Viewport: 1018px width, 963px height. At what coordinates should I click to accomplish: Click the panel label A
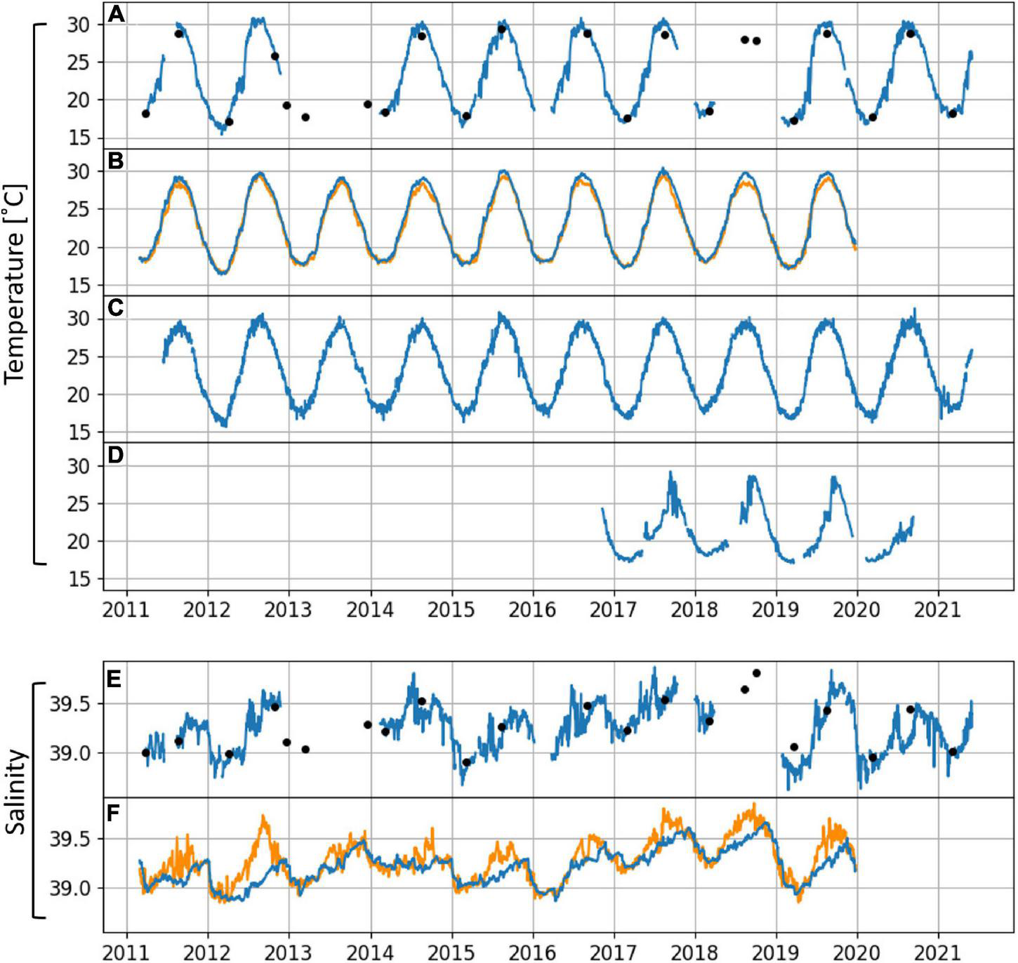(116, 14)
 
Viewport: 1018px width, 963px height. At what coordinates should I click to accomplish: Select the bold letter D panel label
(116, 455)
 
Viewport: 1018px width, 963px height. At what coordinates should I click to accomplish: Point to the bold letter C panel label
(116, 307)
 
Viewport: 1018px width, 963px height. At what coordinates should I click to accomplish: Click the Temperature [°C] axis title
(15, 284)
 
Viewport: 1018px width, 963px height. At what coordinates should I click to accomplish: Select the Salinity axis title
(15, 792)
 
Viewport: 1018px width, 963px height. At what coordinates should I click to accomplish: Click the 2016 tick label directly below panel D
(532, 609)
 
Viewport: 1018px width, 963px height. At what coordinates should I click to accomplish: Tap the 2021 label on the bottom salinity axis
(939, 952)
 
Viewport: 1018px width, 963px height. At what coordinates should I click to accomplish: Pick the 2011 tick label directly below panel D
(126, 609)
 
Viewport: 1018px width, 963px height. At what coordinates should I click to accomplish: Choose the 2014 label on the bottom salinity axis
(370, 952)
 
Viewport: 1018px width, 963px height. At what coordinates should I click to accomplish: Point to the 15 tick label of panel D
(81, 579)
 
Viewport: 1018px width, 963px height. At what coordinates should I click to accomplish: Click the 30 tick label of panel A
(81, 25)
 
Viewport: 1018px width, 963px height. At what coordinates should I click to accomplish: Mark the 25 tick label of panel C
(81, 357)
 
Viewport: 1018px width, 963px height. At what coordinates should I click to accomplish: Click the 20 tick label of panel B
(81, 248)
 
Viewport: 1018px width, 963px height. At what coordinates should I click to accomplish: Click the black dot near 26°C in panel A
(275, 56)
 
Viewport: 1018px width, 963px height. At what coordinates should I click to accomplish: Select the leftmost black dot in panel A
(145, 114)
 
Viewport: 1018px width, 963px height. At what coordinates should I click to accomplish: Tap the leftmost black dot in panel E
(145, 752)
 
